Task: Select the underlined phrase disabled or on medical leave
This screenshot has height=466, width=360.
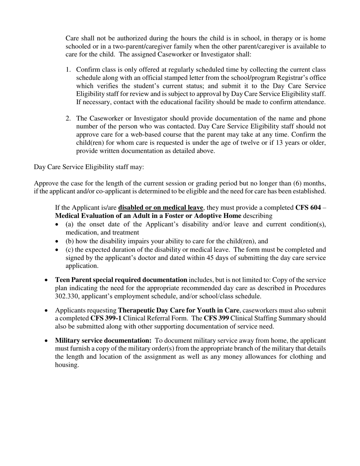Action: pyautogui.click(x=161, y=208)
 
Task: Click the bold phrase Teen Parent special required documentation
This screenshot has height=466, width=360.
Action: pyautogui.click(x=121, y=280)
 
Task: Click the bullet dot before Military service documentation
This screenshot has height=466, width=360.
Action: pyautogui.click(x=46, y=341)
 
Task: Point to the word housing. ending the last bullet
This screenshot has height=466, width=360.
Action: pyautogui.click(x=67, y=365)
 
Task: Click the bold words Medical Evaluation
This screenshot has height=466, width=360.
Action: pyautogui.click(x=84, y=216)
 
